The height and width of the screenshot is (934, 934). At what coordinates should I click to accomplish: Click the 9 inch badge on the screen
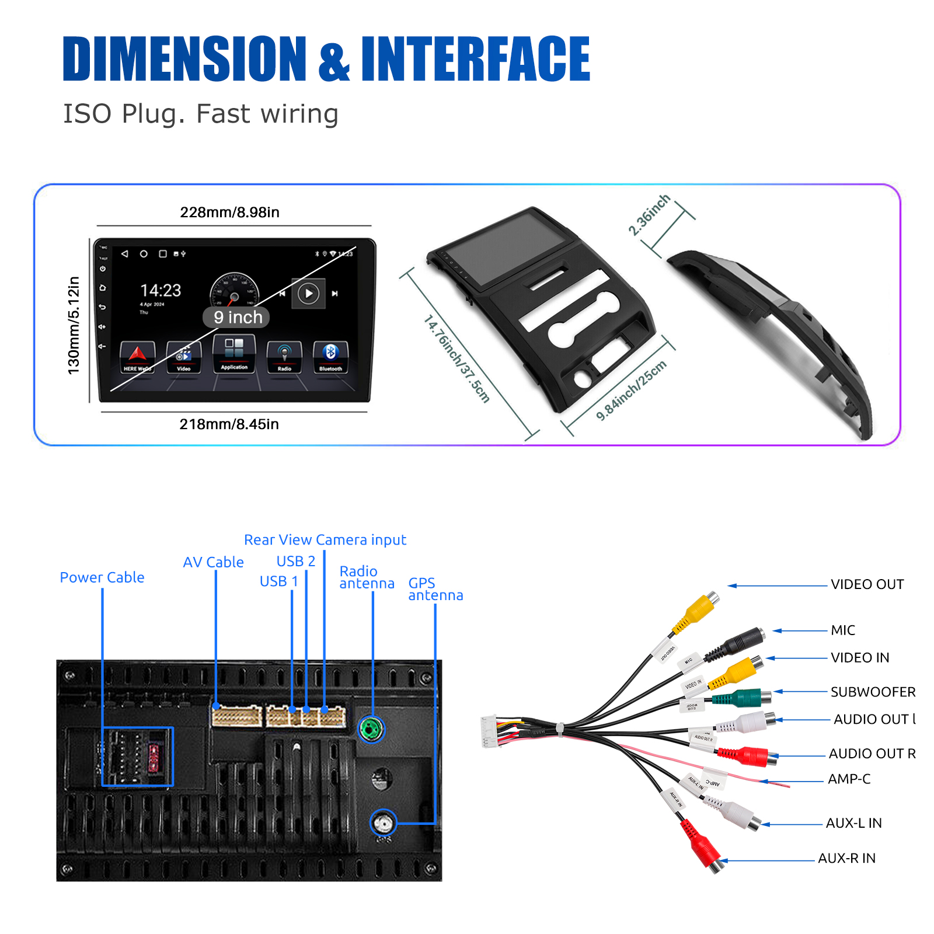coord(236,317)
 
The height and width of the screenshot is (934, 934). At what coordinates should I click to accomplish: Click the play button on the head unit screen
coord(309,293)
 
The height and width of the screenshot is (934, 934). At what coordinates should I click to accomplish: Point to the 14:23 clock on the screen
coord(161,290)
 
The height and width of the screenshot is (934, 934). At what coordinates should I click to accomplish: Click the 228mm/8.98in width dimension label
coord(229,212)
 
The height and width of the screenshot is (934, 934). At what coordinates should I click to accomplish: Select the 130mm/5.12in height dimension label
coord(74,325)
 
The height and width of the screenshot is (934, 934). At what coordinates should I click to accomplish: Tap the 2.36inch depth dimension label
coord(649,215)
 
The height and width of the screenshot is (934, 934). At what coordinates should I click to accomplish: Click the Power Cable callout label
coord(102,577)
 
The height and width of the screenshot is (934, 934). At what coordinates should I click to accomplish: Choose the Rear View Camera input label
coord(325,540)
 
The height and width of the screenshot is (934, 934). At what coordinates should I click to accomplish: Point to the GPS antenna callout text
coord(435,589)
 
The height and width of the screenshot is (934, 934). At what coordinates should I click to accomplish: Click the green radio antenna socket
coord(371,729)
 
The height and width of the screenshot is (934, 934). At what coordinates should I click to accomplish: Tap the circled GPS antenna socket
coord(384,823)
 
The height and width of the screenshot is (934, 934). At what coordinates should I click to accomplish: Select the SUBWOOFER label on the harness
coord(873,692)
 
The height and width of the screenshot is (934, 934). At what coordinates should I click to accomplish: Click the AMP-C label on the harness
coord(849,779)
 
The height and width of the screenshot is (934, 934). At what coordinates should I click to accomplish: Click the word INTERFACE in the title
coord(475,58)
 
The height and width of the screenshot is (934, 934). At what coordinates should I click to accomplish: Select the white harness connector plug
coord(489,731)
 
